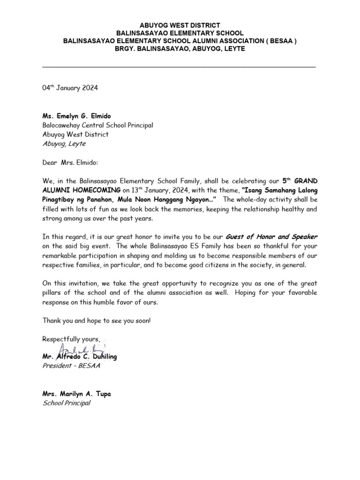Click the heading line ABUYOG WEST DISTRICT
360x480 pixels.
click(180, 25)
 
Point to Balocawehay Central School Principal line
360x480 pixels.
click(97, 125)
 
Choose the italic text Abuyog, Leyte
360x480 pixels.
click(64, 144)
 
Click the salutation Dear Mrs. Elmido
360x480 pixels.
click(71, 162)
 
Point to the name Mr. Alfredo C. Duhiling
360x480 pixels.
click(80, 357)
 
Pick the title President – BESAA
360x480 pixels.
click(71, 366)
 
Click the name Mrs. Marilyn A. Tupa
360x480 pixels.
click(77, 394)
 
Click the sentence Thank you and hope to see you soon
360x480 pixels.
click(97, 320)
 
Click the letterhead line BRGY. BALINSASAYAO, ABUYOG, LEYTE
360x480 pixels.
click(180, 49)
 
